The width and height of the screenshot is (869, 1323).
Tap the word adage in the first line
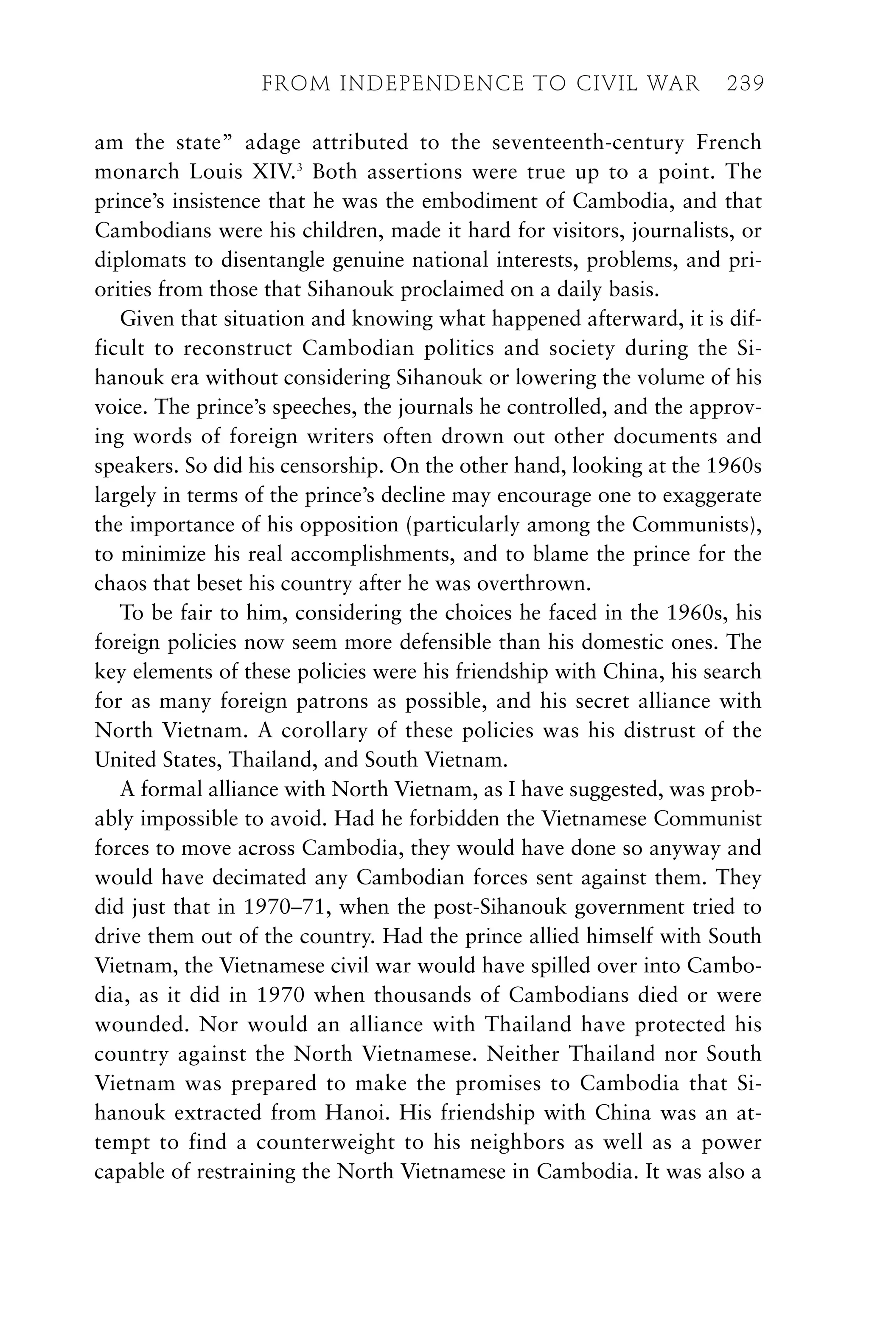click(x=272, y=143)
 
